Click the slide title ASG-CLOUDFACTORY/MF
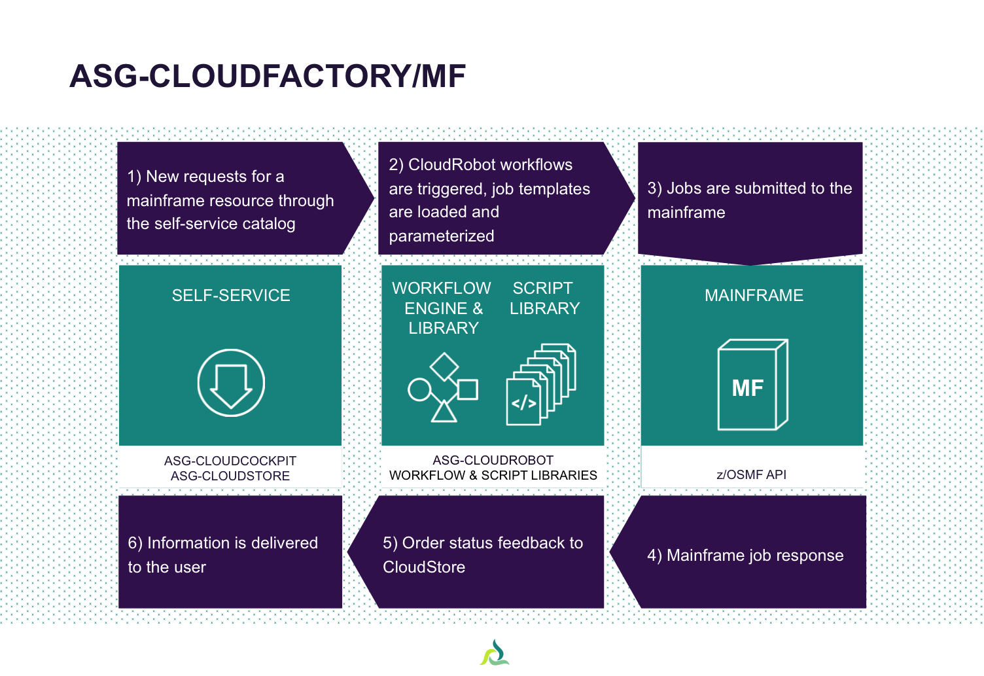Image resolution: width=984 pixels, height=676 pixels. tap(268, 76)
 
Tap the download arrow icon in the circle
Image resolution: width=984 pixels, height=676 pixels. tap(231, 383)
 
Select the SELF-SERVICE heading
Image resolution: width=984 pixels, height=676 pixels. tap(231, 295)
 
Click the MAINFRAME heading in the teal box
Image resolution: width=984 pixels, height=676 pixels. tap(754, 295)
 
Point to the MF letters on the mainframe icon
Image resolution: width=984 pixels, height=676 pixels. tap(747, 388)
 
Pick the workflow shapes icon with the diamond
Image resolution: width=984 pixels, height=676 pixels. tap(443, 387)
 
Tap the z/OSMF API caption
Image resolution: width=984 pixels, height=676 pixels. tap(751, 474)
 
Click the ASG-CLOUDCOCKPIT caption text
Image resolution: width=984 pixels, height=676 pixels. tap(230, 461)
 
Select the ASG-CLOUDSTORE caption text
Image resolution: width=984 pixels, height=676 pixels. tap(230, 476)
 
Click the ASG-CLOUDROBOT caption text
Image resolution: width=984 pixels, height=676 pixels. tap(493, 460)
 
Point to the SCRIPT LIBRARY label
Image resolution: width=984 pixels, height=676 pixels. tap(544, 298)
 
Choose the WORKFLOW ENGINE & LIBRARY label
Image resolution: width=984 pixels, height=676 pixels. tap(442, 308)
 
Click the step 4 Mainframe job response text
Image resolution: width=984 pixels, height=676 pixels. tap(745, 556)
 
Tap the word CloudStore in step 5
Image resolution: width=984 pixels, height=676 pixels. tap(424, 567)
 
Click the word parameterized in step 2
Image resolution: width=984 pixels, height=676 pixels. tap(442, 236)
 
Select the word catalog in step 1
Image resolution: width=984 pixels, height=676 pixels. tap(268, 224)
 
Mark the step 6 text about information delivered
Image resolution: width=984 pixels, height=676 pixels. tap(222, 555)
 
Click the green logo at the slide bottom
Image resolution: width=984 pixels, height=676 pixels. tap(495, 653)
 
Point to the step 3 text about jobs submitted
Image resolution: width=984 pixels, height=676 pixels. tap(749, 200)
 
